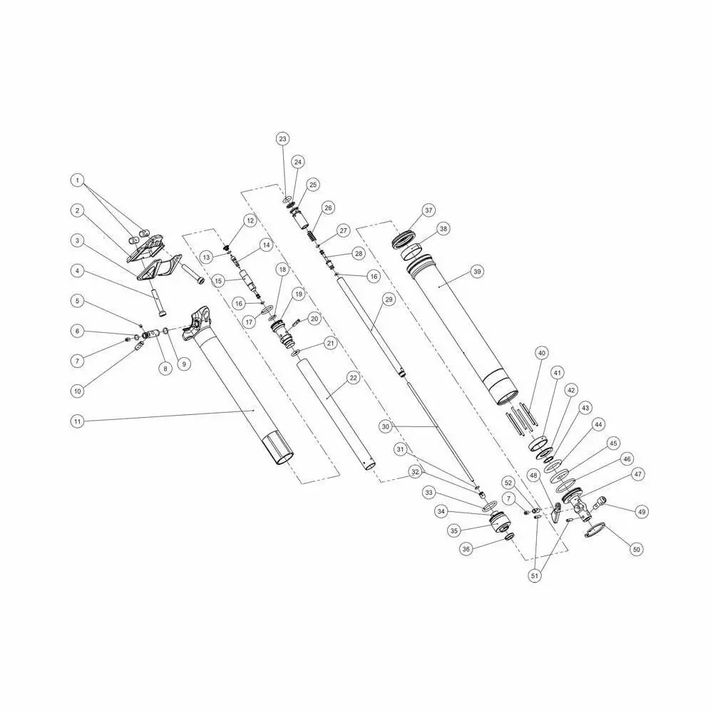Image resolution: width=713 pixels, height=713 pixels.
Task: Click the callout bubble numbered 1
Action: click(77, 180)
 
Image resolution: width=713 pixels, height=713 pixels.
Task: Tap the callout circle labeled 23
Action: click(283, 138)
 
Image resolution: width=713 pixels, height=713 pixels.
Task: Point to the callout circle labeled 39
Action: click(477, 272)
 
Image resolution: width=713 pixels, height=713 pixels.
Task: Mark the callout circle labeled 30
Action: click(386, 426)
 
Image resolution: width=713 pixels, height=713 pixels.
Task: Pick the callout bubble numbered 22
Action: click(352, 378)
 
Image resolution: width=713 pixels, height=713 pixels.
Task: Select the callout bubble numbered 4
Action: click(77, 271)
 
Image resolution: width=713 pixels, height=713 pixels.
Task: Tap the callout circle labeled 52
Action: click(508, 483)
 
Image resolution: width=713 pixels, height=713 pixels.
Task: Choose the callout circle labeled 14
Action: click(266, 245)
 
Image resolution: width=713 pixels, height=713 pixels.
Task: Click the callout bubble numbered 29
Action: click(389, 300)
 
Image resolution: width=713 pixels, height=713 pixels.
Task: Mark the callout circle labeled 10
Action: click(77, 391)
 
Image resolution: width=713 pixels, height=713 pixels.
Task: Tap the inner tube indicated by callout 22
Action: click(332, 414)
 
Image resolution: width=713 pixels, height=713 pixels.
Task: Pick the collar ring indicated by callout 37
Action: click(404, 239)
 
